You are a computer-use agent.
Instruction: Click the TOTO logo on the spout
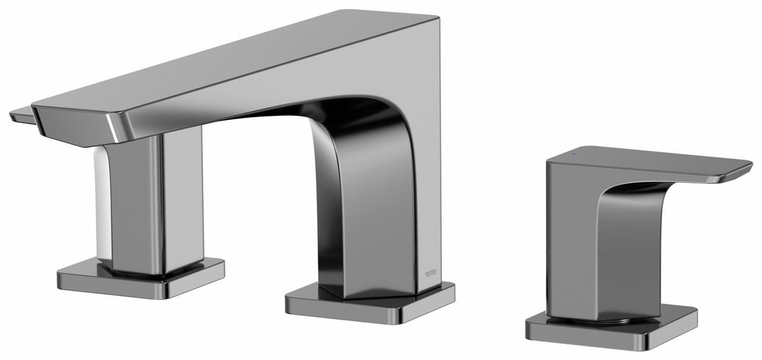pos(430,272)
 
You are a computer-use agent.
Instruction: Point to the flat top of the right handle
pos(635,159)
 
